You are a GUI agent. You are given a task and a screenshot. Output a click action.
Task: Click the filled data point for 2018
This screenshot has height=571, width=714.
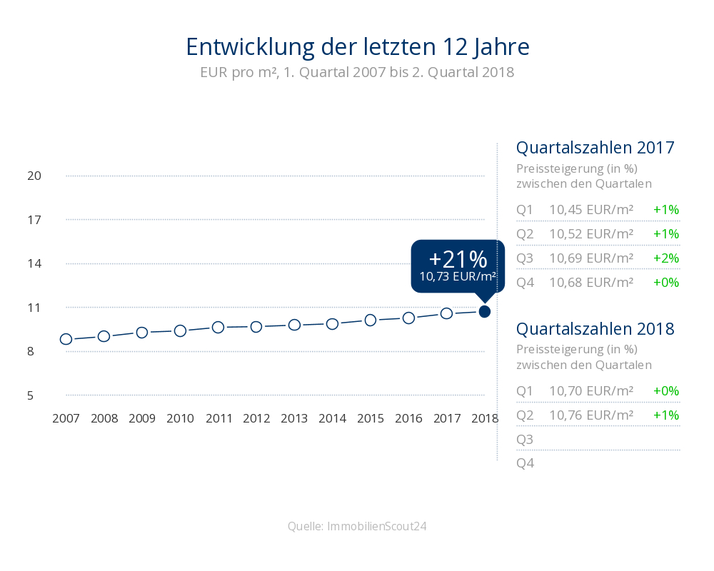tap(485, 311)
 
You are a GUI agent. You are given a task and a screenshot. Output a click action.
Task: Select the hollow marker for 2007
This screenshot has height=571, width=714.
tap(66, 339)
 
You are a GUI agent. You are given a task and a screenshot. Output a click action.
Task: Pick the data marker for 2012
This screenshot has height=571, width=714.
tap(256, 327)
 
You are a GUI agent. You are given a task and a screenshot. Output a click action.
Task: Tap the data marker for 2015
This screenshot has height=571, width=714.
tap(371, 320)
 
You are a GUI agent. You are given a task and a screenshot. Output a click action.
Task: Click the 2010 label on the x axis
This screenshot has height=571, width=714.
tap(180, 418)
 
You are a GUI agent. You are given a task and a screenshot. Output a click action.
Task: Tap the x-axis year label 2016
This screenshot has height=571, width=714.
tap(408, 418)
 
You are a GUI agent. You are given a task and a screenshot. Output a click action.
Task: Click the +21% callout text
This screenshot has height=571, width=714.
tap(458, 258)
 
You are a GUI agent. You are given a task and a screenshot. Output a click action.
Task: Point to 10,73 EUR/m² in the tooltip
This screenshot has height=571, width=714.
tap(458, 276)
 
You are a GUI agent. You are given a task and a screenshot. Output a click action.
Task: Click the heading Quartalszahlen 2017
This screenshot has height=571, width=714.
tap(595, 148)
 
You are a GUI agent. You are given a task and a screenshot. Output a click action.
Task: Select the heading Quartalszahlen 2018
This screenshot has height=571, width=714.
tap(595, 329)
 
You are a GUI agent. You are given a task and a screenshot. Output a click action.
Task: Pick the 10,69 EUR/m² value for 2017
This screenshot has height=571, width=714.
tap(591, 258)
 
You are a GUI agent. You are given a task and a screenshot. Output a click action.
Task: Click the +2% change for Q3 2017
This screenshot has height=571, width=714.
tap(665, 258)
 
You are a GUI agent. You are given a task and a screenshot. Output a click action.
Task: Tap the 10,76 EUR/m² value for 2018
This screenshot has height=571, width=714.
tap(591, 415)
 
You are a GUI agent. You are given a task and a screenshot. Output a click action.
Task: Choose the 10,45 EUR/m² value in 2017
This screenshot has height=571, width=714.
tap(591, 210)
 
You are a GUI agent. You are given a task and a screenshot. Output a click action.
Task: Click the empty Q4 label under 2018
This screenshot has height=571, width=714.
tap(525, 463)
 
